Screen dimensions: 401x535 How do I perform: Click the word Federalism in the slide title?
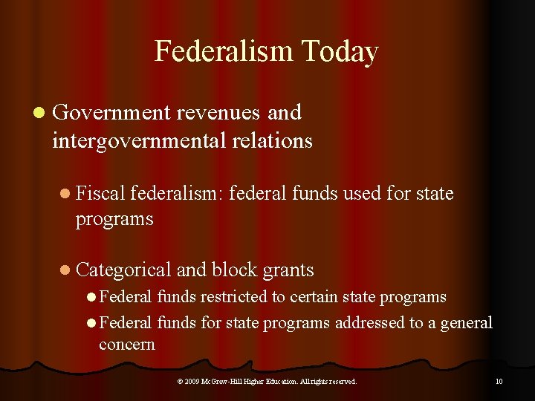click(x=223, y=52)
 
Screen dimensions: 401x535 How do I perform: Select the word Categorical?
click(x=124, y=270)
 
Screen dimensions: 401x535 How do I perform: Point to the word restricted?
click(x=229, y=297)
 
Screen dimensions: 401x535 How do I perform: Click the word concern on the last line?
click(x=127, y=345)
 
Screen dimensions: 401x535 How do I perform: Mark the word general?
click(x=465, y=323)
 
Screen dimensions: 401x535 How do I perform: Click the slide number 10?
click(x=499, y=382)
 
